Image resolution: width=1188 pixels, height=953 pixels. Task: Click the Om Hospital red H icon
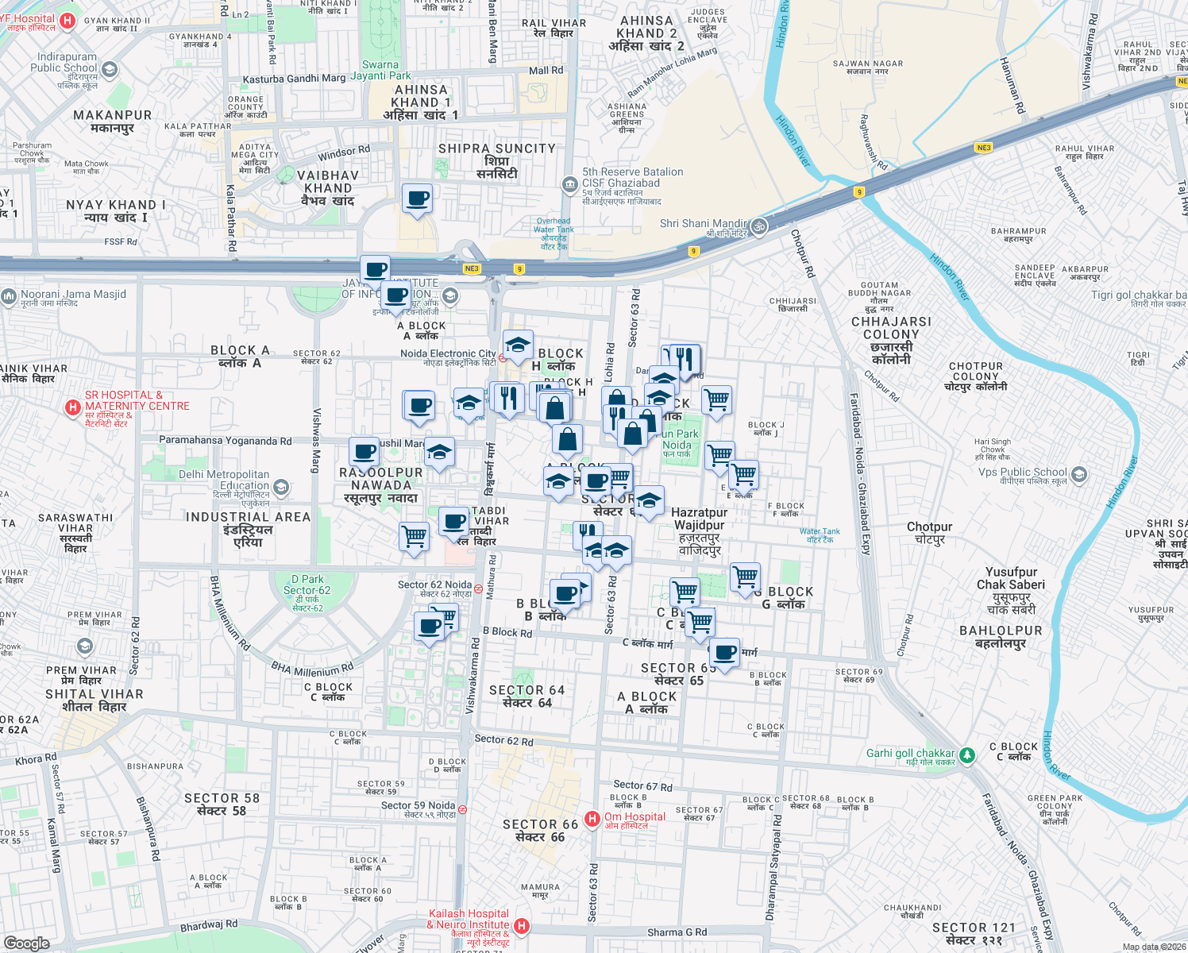coord(592,819)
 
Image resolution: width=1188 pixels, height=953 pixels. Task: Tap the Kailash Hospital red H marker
coord(522,925)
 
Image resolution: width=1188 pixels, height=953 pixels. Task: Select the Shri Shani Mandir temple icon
coord(759,226)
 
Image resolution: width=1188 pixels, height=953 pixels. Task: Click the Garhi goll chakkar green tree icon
coord(967,754)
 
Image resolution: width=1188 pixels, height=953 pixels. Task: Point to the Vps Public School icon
coord(1078,475)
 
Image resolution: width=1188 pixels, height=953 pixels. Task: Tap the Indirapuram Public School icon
coord(110,69)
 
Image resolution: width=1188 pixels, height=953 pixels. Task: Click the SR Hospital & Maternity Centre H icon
coord(73,407)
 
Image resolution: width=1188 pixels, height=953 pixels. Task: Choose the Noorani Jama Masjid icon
coord(9,297)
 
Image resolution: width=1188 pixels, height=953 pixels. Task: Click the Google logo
coord(26,943)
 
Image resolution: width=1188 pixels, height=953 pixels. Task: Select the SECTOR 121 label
coord(974,928)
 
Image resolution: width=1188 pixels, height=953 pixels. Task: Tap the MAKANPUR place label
coord(112,115)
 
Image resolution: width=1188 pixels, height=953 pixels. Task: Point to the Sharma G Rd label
coord(677,932)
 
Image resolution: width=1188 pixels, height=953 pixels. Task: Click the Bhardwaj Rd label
coord(209,925)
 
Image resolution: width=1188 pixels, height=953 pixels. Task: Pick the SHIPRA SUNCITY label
coord(497,149)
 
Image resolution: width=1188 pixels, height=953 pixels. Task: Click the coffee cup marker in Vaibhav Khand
coord(417,199)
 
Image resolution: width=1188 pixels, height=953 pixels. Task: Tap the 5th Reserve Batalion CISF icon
coord(569,185)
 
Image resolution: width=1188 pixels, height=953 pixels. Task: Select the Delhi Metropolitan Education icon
coord(280,486)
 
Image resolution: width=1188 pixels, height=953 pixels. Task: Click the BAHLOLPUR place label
coord(1001,631)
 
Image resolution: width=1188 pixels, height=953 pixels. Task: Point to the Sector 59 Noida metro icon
coord(463,809)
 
